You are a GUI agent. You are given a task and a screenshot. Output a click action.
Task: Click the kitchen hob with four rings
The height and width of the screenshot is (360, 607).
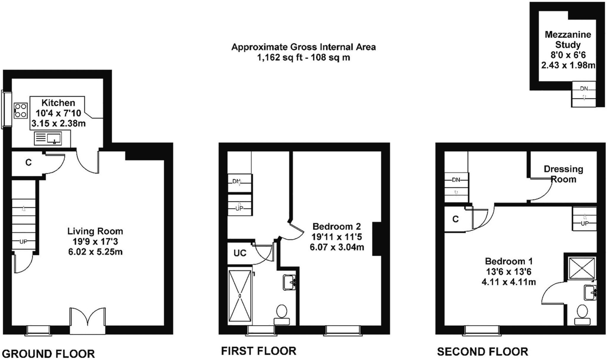pyautogui.click(x=20, y=111)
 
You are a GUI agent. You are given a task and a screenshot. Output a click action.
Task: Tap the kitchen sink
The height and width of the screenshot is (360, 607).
pyautogui.click(x=48, y=138)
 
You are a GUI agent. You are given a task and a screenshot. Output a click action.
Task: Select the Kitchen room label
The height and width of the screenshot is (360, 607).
pyautogui.click(x=58, y=103)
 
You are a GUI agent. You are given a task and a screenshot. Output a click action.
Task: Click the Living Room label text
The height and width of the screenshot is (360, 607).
pyautogui.click(x=95, y=231)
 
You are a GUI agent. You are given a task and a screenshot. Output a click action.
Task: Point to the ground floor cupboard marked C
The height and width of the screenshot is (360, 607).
pyautogui.click(x=28, y=163)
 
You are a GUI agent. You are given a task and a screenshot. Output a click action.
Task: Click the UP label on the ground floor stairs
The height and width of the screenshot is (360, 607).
pyautogui.click(x=23, y=242)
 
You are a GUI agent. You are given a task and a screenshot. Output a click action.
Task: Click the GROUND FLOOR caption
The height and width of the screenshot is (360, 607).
pyautogui.click(x=48, y=354)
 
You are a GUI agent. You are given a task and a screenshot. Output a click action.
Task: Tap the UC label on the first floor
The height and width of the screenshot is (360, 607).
pyautogui.click(x=240, y=253)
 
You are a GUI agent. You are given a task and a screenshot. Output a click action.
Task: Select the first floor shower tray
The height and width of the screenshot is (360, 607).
pyautogui.click(x=240, y=296)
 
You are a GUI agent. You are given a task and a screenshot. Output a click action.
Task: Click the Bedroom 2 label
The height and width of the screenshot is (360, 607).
pyautogui.click(x=337, y=227)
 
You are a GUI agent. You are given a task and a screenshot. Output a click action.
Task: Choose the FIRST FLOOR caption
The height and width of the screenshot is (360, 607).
pyautogui.click(x=259, y=351)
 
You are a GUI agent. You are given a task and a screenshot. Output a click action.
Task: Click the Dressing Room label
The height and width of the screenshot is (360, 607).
pyautogui.click(x=563, y=174)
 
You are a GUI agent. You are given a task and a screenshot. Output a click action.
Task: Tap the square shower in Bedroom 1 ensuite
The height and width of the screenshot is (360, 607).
pyautogui.click(x=582, y=268)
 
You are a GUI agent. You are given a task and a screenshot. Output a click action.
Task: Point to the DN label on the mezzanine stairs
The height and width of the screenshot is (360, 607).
pyautogui.click(x=584, y=89)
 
